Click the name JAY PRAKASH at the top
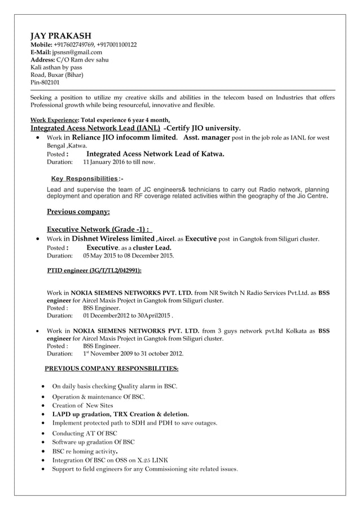pos(60,36)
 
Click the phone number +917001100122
pos(116,45)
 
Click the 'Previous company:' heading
pos(78,212)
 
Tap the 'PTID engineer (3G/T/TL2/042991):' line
pos(94,271)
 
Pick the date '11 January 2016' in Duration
pos(106,162)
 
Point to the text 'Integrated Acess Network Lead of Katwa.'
pos(155,154)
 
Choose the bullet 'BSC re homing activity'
pos(85,451)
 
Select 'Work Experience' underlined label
pos(54,120)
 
